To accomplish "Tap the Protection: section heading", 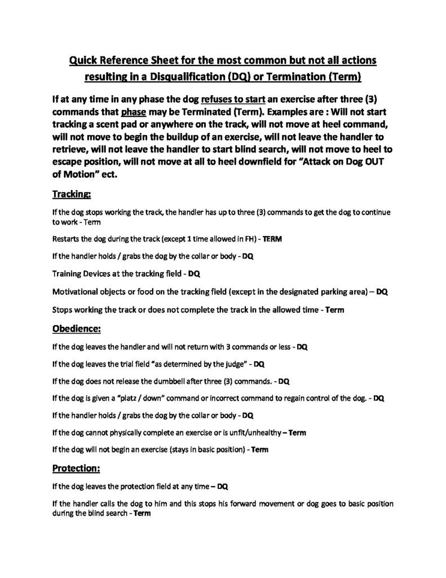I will coord(76,468).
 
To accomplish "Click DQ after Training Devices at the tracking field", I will coord(194,274).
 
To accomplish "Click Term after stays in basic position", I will coord(259,450).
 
